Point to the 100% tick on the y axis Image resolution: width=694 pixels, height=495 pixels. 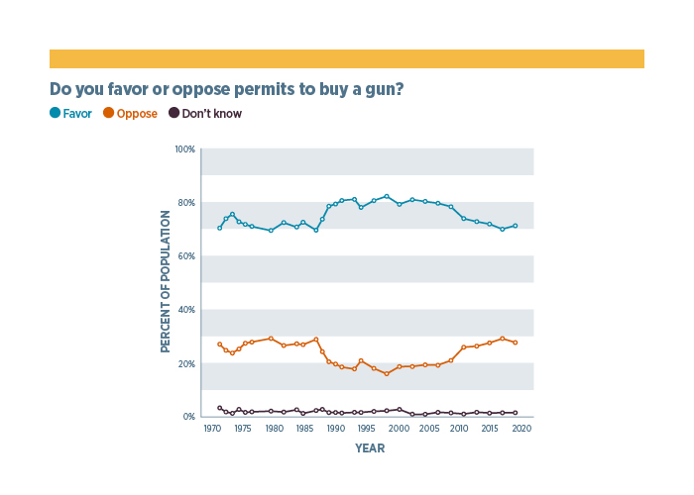coord(185,149)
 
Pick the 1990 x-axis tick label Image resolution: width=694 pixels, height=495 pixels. coord(336,429)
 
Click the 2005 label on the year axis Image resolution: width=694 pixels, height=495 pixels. coord(429,429)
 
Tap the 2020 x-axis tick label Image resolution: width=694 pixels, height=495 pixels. coord(521,429)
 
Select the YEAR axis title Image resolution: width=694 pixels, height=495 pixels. coord(370,448)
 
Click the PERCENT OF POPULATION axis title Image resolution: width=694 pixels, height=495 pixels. coord(167,282)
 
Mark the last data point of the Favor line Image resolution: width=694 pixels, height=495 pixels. coord(515,226)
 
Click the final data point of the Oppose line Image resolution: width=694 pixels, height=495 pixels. coord(515,343)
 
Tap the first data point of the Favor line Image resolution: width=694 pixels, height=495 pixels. coord(220,228)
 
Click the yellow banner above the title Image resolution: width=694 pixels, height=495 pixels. coord(347,58)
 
